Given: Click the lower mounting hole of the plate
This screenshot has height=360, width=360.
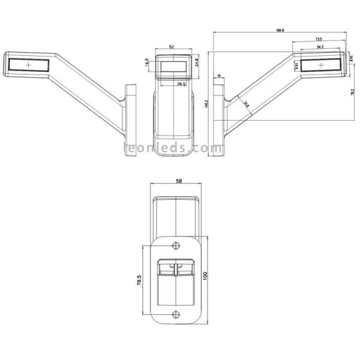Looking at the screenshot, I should (x=175, y=315).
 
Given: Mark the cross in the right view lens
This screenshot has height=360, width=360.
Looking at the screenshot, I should (x=322, y=64).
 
